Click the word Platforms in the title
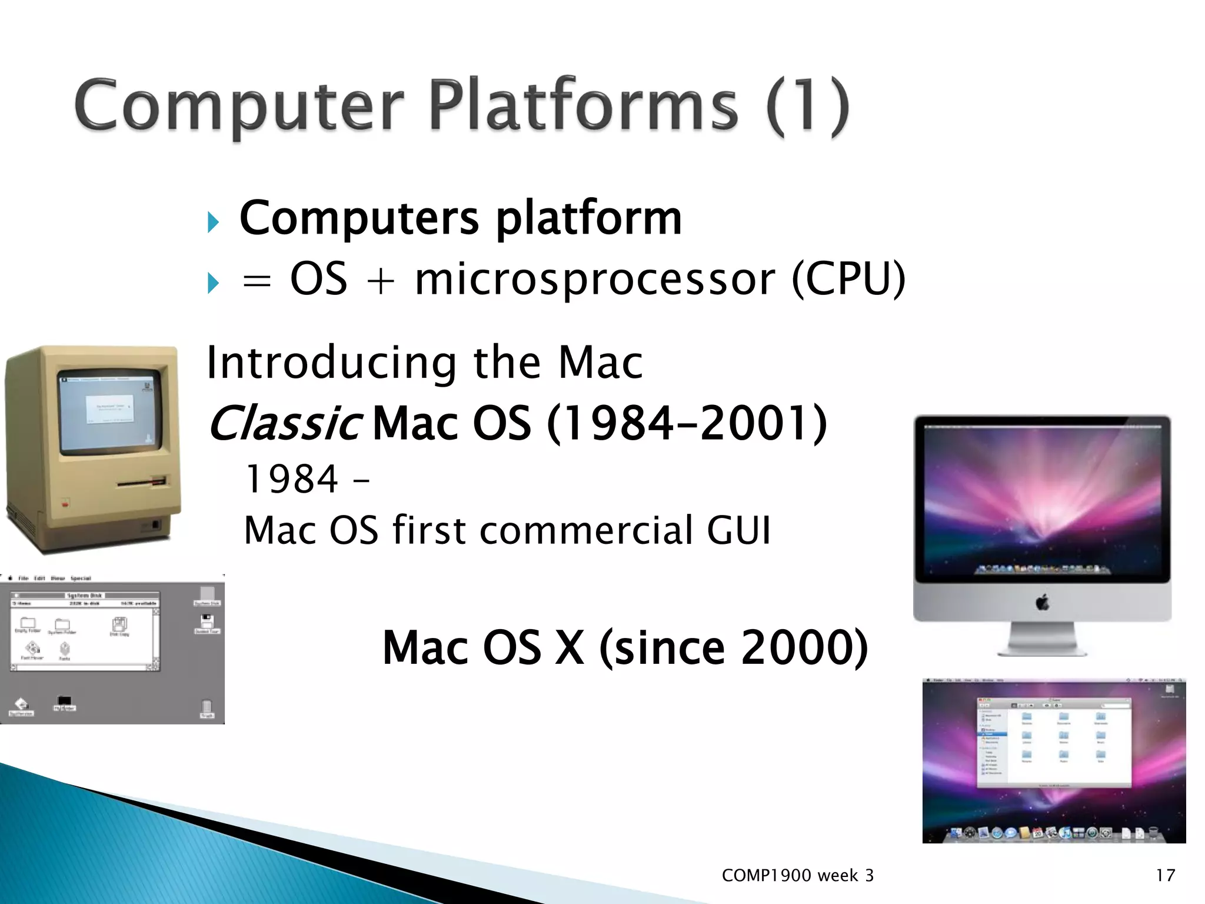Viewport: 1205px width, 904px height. (582, 106)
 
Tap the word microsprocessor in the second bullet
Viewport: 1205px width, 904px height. (594, 280)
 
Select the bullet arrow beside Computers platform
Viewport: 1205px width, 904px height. (213, 222)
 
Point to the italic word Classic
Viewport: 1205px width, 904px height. (285, 423)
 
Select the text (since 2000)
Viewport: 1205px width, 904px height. (733, 647)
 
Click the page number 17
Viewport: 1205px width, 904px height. (1165, 875)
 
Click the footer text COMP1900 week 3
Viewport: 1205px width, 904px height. (797, 875)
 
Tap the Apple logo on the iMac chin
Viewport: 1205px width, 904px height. (1042, 603)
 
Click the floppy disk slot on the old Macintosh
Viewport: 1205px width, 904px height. (141, 483)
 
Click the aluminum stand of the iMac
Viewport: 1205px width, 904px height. (1042, 639)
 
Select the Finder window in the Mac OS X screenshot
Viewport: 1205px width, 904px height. (1053, 743)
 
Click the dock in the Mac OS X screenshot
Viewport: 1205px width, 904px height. (1053, 832)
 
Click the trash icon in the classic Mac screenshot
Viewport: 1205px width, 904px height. (207, 708)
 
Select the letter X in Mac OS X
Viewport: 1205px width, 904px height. (570, 647)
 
